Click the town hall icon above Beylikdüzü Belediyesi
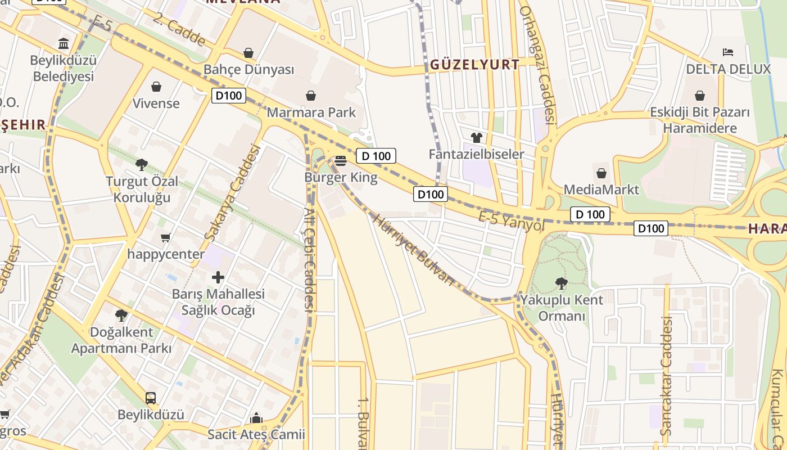click(x=64, y=44)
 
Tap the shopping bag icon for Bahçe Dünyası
click(x=248, y=53)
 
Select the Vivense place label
click(x=156, y=103)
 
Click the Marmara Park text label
click(x=311, y=112)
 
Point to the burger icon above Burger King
click(x=341, y=161)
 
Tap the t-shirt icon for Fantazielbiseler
click(x=477, y=138)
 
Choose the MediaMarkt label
click(x=601, y=190)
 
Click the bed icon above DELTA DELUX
click(x=728, y=52)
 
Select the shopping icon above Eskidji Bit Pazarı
click(x=700, y=96)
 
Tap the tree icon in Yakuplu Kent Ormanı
click(x=560, y=283)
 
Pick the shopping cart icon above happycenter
click(x=165, y=237)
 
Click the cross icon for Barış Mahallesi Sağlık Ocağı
click(x=218, y=277)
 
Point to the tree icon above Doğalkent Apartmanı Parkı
click(x=121, y=315)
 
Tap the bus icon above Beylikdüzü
click(x=151, y=398)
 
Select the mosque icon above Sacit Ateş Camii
click(x=256, y=418)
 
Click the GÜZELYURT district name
click(x=475, y=65)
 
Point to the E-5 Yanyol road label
click(x=512, y=221)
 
